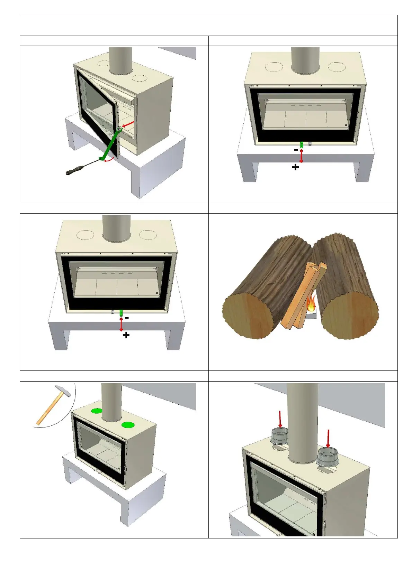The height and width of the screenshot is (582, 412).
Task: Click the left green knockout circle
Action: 97,411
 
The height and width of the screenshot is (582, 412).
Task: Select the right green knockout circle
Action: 128,425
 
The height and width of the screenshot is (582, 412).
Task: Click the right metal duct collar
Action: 327,456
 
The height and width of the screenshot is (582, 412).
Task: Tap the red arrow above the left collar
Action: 280,419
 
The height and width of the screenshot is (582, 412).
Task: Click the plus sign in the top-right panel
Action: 295,167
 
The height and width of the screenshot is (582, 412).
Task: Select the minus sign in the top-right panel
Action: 296,150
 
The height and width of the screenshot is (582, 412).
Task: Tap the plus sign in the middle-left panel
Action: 126,335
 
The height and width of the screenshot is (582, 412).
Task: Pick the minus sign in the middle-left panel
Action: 127,318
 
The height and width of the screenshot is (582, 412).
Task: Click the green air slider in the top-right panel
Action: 302,144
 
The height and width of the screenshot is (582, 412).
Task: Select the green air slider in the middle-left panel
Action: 121,313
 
